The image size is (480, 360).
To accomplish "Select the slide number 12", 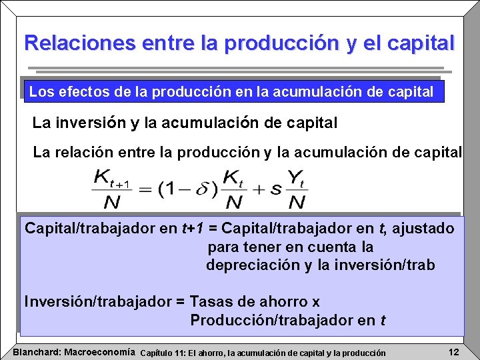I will (453, 351).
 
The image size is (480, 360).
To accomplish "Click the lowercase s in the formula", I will (275, 189).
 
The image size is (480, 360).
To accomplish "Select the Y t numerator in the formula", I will (297, 178).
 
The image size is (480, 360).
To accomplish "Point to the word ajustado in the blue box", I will (423, 229).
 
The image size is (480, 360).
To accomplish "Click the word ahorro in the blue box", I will (279, 301).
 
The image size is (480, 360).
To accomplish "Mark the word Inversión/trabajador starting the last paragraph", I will (98, 301).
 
